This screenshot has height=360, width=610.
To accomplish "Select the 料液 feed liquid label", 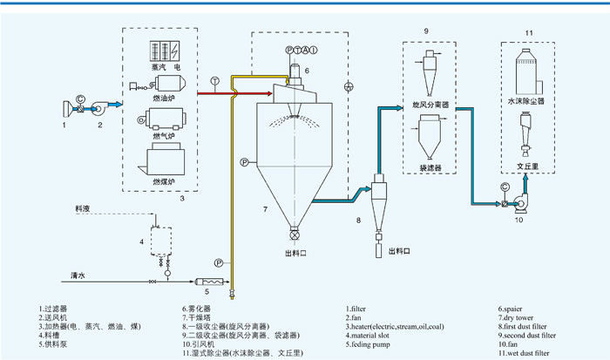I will [x=83, y=209].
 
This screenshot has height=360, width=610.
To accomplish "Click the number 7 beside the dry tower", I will [x=264, y=210].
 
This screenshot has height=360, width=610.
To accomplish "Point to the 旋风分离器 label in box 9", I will [x=430, y=103].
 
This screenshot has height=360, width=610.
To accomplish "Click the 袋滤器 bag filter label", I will [x=430, y=163].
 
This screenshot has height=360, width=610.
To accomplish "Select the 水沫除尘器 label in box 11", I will [x=525, y=102].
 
